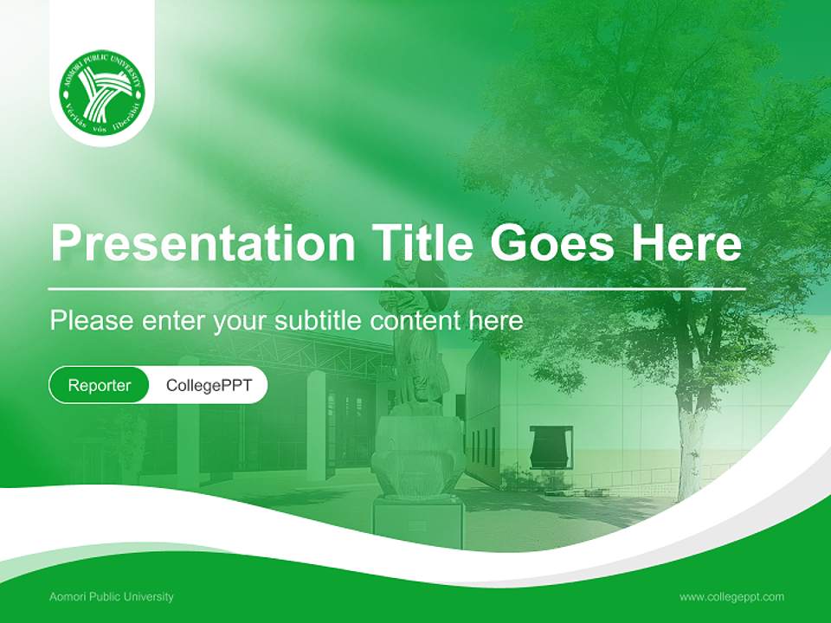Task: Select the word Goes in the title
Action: tap(552, 242)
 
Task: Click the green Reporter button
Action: tap(99, 385)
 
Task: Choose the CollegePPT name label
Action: tap(209, 385)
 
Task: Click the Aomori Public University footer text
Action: tap(112, 597)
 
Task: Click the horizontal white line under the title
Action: tap(397, 289)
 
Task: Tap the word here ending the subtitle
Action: tap(496, 320)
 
